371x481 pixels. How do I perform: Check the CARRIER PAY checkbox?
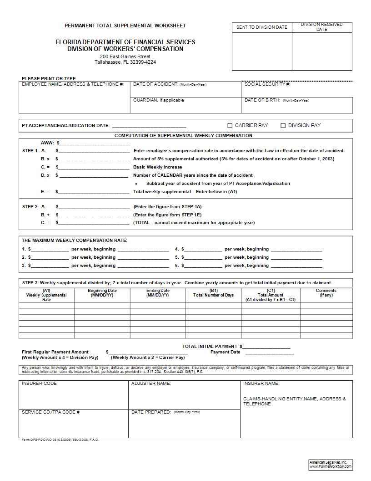pyautogui.click(x=230, y=126)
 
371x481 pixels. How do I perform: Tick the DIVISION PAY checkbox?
pyautogui.click(x=283, y=126)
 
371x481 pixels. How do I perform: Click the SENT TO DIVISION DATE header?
pyautogui.click(x=262, y=27)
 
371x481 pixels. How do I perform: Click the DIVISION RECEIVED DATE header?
pyautogui.click(x=321, y=27)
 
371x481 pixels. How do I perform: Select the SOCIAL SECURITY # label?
pyautogui.click(x=267, y=84)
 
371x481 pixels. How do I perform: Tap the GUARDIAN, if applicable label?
pyautogui.click(x=158, y=100)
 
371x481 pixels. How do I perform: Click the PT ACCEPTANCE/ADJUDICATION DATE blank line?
pyautogui.click(x=149, y=127)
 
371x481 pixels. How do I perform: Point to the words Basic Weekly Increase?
pyautogui.click(x=157, y=167)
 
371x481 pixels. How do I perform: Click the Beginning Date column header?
pyautogui.click(x=102, y=293)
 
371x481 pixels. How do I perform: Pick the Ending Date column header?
pyautogui.click(x=158, y=293)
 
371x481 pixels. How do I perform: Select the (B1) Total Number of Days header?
pyautogui.click(x=213, y=293)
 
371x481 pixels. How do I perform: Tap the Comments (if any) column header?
pyautogui.click(x=326, y=293)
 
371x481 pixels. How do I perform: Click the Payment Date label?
pyautogui.click(x=225, y=352)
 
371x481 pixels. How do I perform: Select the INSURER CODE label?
pyautogui.click(x=39, y=384)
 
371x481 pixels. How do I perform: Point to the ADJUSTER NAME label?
pyautogui.click(x=151, y=384)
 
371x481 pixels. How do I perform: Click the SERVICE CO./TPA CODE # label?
pyautogui.click(x=50, y=412)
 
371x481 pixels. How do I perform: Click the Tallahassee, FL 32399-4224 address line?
pyautogui.click(x=125, y=62)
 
